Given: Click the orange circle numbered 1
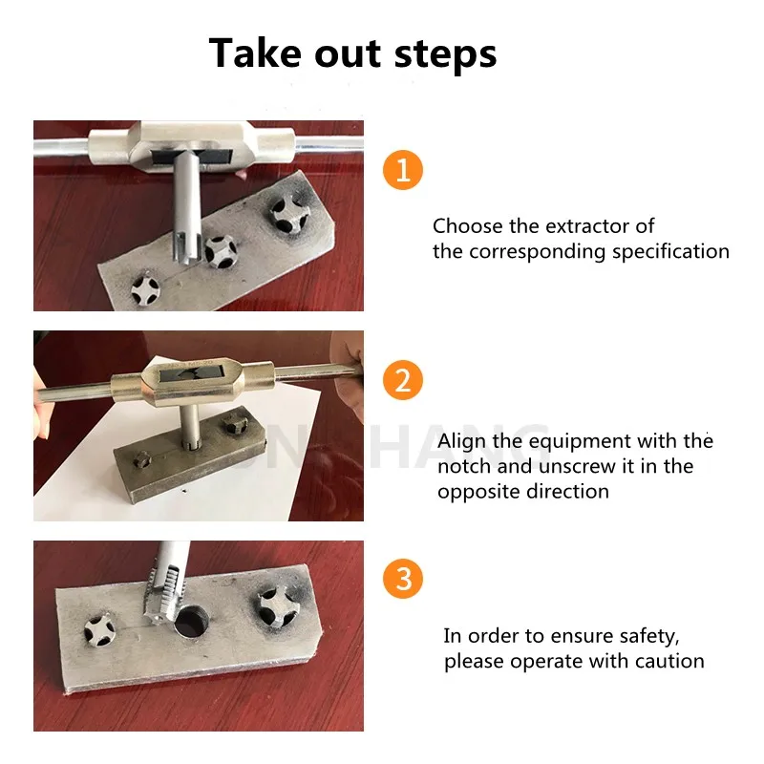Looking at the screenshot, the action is coord(403,170).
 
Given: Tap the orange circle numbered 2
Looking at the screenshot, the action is coord(403,380).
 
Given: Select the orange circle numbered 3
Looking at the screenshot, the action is coord(403,579).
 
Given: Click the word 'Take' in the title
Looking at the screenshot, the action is coord(258,53).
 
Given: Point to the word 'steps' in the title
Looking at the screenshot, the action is coord(445,54).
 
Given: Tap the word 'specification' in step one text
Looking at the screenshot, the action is coord(670,252).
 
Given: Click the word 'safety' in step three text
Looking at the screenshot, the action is coord(648,636).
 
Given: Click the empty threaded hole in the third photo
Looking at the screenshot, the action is coord(192,623).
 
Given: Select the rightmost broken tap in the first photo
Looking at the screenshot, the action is coord(288,213).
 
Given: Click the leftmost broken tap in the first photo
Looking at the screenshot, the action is coord(145,288).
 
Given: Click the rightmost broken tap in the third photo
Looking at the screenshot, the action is coord(277,606).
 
